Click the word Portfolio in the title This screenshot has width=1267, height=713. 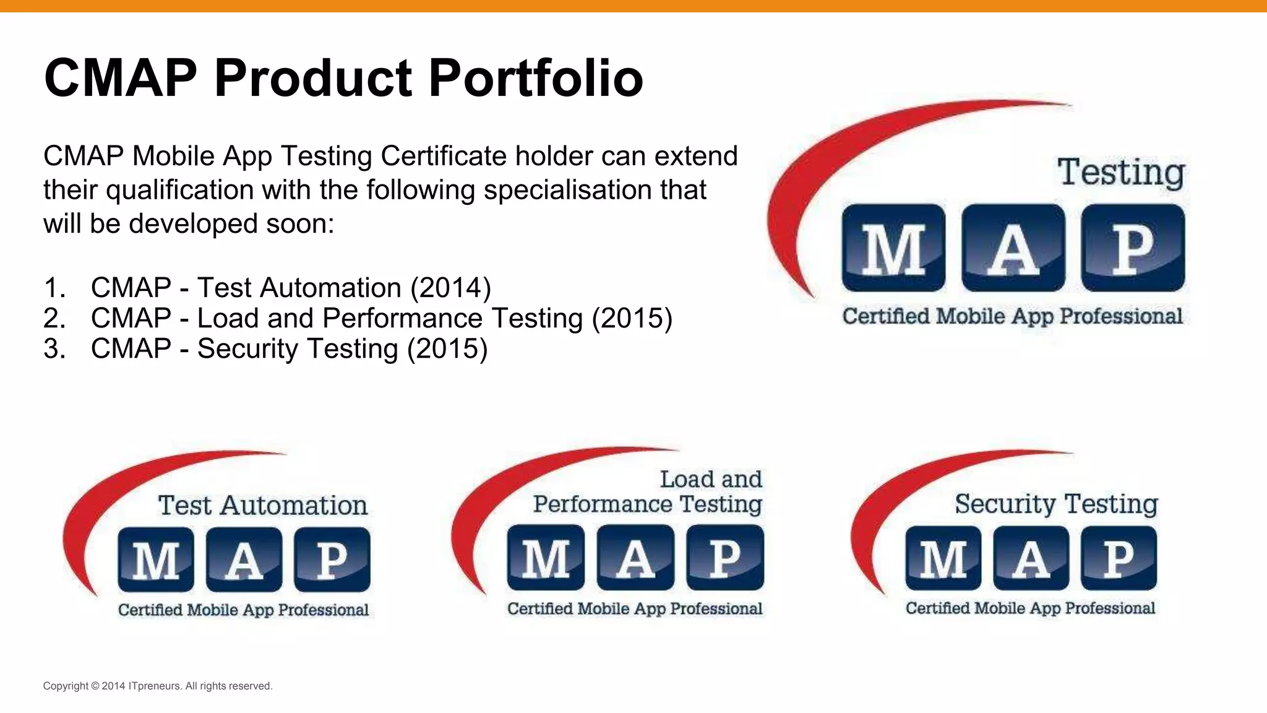(535, 79)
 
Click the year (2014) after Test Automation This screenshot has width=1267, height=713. (451, 288)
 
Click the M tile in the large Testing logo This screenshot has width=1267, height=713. (893, 248)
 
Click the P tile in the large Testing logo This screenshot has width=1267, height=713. (1133, 248)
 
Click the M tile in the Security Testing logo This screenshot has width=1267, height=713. (943, 558)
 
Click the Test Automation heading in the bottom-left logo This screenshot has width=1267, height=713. (263, 506)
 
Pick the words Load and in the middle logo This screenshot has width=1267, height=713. (711, 480)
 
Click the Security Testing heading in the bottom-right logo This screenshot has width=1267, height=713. (1056, 504)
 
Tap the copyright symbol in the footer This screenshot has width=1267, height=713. (95, 686)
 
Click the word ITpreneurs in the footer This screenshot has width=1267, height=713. (155, 686)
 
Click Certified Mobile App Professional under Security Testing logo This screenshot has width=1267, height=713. (1030, 608)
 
